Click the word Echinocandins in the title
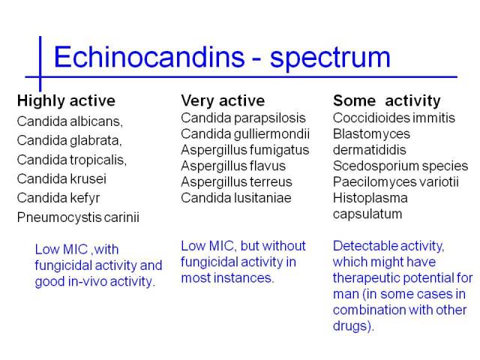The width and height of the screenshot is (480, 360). point(149,57)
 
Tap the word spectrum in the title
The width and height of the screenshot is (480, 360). point(330,58)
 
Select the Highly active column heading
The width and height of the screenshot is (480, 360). point(66,101)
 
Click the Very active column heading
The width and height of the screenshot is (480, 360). point(223,101)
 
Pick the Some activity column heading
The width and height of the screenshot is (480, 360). point(387,101)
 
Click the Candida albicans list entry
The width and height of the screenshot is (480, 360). point(70,121)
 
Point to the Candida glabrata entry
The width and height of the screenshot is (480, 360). point(70,140)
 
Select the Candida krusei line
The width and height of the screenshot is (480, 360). point(61,178)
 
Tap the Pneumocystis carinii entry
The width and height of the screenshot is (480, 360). point(78,217)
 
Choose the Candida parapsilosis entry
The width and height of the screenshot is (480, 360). point(243,118)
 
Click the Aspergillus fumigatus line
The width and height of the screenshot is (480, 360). point(245,150)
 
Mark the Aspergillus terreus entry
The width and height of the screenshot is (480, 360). point(237,182)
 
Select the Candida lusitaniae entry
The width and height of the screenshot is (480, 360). point(236,198)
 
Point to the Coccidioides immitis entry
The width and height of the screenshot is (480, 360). point(394,118)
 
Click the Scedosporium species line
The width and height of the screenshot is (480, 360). point(400,166)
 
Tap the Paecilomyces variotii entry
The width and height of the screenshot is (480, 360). point(396,182)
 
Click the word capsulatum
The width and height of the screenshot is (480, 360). point(367,214)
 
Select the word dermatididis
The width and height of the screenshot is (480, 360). point(370,150)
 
